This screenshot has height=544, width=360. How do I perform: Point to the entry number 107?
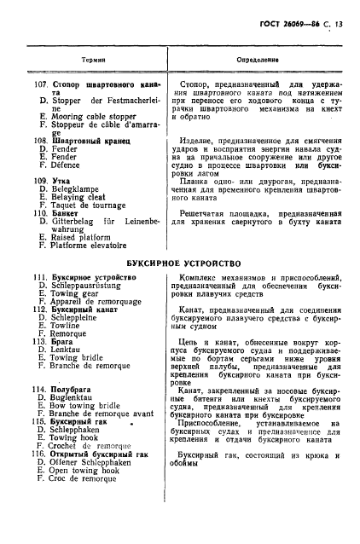click(x=39, y=84)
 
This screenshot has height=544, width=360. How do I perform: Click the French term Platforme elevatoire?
click(x=95, y=248)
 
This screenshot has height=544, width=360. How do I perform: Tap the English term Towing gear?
click(x=80, y=296)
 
